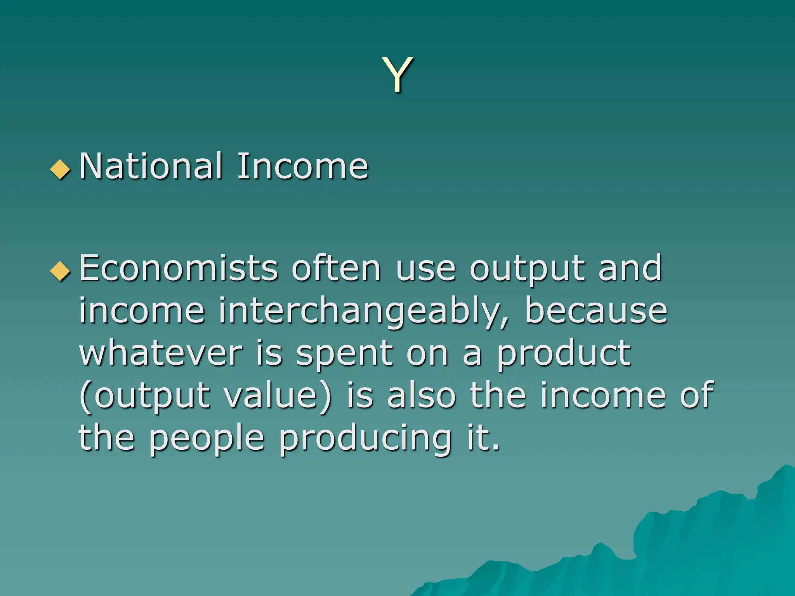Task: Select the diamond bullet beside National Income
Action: [61, 169]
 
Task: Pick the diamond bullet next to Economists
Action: [61, 270]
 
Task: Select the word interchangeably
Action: [363, 312]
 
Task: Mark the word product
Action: [564, 354]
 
